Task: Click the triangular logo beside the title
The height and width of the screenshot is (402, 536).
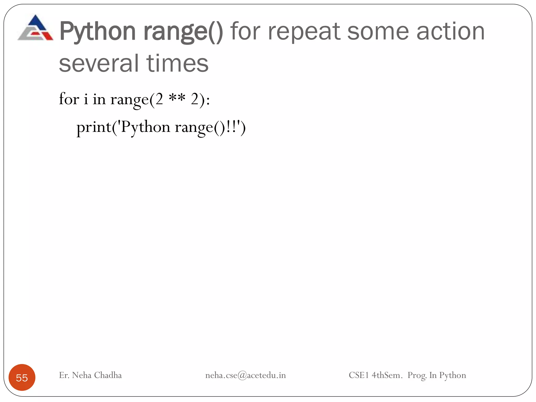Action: coord(36,28)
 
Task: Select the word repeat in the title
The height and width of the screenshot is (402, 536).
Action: coord(304,32)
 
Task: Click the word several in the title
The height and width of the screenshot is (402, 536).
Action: coord(99,63)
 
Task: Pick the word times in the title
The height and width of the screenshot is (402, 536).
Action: coord(177,63)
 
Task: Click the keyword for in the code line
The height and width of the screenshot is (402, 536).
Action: coord(69,99)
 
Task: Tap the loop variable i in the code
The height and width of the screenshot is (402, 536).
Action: coord(86,99)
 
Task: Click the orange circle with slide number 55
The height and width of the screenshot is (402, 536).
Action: coord(22,377)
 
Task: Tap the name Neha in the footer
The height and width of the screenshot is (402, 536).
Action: coord(82,375)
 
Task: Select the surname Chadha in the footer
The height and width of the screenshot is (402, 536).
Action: coord(108,375)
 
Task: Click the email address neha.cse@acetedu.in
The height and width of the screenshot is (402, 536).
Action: coord(245,375)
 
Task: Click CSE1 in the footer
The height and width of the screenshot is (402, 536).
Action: coord(359,375)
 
